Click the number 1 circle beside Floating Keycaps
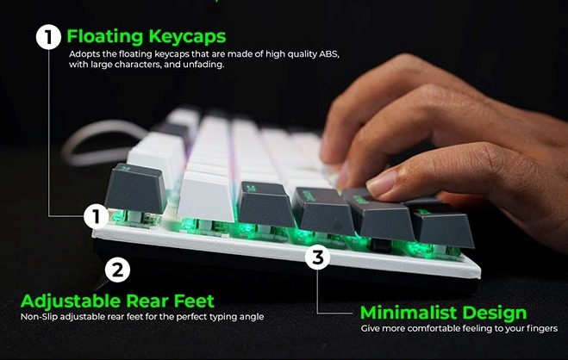[48, 37]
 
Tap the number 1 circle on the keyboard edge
[97, 215]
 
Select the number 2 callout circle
[118, 270]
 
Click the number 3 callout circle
[318, 257]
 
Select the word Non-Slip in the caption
[39, 316]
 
